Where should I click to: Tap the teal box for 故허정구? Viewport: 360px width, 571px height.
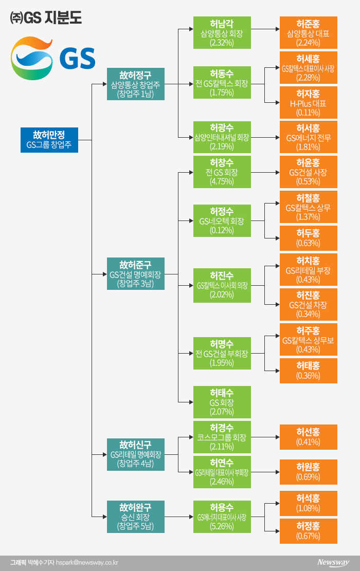(x=135, y=84)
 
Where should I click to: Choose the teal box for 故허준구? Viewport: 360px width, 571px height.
(x=135, y=274)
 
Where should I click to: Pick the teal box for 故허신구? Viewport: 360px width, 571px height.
(x=135, y=454)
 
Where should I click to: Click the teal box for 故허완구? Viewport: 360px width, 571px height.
(x=135, y=517)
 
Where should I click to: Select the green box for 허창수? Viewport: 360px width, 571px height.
(x=222, y=172)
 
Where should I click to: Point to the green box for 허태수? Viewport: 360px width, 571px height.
(x=222, y=401)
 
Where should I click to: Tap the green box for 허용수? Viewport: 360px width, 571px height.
(x=222, y=517)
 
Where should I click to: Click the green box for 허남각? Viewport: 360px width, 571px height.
(x=222, y=32)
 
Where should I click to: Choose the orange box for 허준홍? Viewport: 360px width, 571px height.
(x=308, y=32)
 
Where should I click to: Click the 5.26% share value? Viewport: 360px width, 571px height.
(x=222, y=526)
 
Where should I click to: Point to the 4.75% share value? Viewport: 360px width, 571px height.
(x=222, y=182)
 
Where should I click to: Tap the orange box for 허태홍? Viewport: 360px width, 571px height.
(x=308, y=371)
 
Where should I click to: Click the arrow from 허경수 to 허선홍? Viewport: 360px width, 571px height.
(x=265, y=437)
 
